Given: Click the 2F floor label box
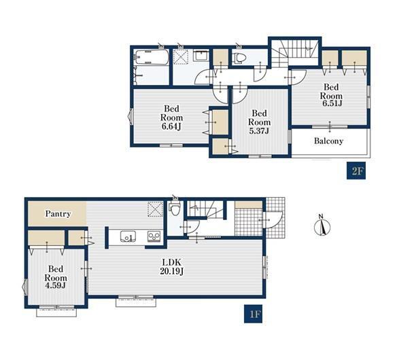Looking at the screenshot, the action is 356,170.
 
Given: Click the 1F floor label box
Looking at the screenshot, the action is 253,314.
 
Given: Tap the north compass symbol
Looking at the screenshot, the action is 322,226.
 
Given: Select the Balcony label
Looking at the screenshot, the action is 328,141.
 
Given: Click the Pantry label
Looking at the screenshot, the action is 58,214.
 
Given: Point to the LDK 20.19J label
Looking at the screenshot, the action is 172,267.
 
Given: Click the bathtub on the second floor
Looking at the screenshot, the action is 152,57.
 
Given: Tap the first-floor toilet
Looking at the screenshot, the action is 174,209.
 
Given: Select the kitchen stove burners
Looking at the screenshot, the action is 154,236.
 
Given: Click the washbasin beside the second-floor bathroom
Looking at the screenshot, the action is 201,56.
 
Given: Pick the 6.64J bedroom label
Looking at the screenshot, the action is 171,118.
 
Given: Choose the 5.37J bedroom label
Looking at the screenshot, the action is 259,122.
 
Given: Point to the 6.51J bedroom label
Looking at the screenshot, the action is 331,95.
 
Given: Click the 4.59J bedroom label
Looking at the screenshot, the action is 56,277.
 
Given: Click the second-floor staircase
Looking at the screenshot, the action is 294,53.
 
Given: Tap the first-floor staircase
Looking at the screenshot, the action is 205,209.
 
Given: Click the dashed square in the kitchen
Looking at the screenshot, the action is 155,209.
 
